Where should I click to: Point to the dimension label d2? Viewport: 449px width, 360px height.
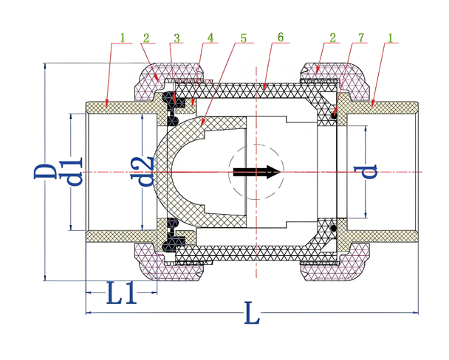tap(146, 172)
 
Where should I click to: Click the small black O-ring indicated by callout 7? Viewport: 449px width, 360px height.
tap(334, 114)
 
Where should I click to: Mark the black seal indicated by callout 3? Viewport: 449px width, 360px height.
tap(170, 100)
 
